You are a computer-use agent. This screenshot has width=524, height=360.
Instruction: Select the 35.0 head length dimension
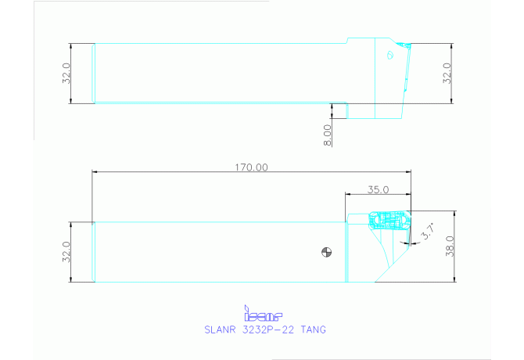point(378,189)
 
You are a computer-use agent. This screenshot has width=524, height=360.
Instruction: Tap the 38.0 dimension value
point(448,247)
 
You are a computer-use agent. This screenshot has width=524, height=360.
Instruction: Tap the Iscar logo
point(262,315)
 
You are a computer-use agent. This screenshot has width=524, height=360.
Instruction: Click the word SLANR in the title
point(220,329)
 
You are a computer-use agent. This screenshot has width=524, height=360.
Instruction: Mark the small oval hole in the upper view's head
point(389,55)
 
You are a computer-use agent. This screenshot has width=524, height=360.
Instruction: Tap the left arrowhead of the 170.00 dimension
point(95,172)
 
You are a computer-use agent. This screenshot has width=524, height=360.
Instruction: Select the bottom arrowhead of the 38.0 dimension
point(454,279)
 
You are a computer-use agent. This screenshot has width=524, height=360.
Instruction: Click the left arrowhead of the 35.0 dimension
point(348,195)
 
